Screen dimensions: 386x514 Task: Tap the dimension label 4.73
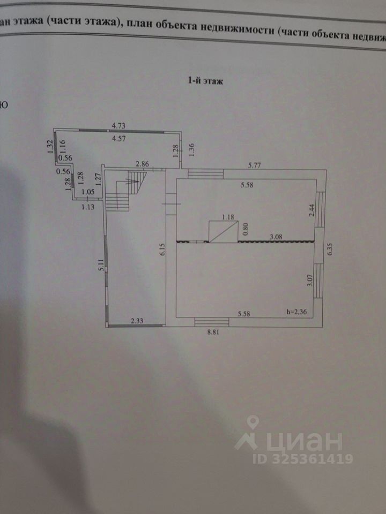point(118,126)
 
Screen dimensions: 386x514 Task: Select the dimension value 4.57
point(118,139)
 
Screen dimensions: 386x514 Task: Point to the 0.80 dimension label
point(246,229)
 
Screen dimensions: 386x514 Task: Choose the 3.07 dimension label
point(309,280)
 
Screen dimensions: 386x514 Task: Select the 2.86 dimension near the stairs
point(142,163)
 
